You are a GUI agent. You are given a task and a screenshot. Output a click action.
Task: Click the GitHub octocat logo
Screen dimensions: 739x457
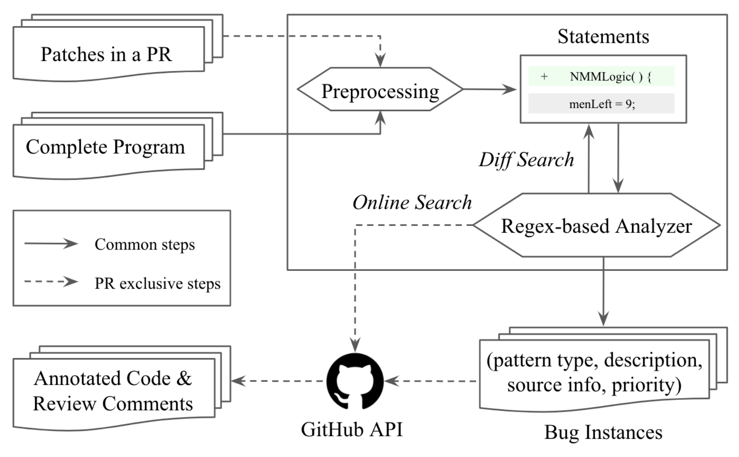tap(355, 381)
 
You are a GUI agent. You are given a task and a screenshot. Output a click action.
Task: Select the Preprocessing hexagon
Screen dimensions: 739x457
tap(380, 89)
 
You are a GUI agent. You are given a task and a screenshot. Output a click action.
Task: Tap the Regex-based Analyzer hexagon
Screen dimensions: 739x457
tap(596, 225)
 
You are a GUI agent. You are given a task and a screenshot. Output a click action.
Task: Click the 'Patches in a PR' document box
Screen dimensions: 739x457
tap(118, 48)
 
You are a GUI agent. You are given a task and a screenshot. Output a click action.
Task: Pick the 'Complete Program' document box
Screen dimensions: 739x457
tap(118, 146)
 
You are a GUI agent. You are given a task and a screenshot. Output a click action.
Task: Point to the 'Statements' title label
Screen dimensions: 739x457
tap(603, 36)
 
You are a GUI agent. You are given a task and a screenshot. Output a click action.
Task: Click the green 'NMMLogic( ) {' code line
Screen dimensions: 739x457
tap(601, 76)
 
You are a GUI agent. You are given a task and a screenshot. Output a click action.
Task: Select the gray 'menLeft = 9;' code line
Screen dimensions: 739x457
tap(601, 104)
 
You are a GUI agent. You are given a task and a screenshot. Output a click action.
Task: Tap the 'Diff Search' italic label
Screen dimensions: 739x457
tap(526, 160)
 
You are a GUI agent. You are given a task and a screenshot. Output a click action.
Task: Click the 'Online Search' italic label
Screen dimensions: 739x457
tap(412, 203)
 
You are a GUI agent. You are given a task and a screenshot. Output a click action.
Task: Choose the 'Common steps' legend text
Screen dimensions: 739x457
tap(145, 244)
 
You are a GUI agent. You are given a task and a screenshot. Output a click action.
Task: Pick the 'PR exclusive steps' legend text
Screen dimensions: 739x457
tap(158, 283)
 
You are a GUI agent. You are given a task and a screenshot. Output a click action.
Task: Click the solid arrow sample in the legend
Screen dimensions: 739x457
tap(51, 243)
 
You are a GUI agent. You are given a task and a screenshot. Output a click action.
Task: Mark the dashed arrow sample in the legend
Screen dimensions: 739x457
tap(51, 282)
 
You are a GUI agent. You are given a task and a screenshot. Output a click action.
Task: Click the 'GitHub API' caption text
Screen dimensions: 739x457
tap(352, 430)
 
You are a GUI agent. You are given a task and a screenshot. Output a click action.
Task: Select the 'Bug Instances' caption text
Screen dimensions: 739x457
tap(603, 433)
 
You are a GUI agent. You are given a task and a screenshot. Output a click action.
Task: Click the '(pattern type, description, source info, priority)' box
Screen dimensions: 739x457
tap(603, 369)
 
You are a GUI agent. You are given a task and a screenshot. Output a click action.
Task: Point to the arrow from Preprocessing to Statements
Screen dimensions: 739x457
tap(490, 89)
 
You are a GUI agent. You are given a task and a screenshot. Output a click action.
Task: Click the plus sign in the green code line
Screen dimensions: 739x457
tap(544, 76)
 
